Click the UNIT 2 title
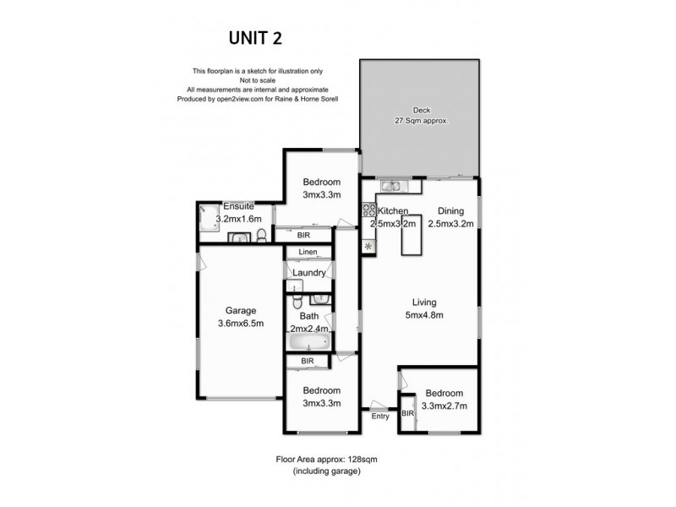pyautogui.click(x=256, y=37)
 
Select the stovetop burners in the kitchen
pyautogui.click(x=369, y=211)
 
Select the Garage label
pyautogui.click(x=240, y=310)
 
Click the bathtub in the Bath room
pyautogui.click(x=308, y=343)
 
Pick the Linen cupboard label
pyautogui.click(x=308, y=252)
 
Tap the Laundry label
pyautogui.click(x=309, y=272)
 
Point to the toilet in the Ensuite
pyautogui.click(x=262, y=235)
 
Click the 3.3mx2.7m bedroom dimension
pyautogui.click(x=444, y=405)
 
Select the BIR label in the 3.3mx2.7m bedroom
pyautogui.click(x=407, y=414)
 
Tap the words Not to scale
pyautogui.click(x=257, y=80)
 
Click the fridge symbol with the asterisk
pyautogui.click(x=369, y=246)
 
